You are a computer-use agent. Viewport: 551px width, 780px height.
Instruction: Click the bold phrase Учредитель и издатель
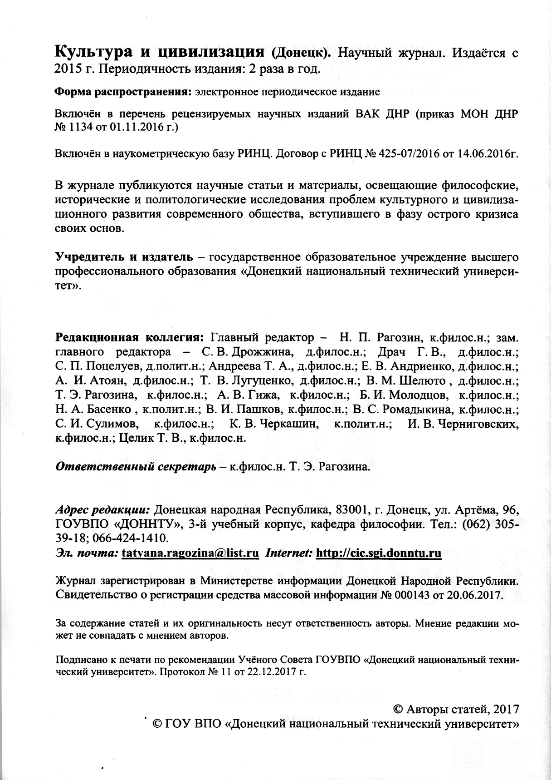[x=124, y=257]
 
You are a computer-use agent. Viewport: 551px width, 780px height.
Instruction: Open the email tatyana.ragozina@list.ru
[x=190, y=553]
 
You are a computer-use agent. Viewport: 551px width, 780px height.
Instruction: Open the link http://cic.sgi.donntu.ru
[x=378, y=553]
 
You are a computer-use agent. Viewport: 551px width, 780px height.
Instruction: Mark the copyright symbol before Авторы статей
[x=397, y=709]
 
